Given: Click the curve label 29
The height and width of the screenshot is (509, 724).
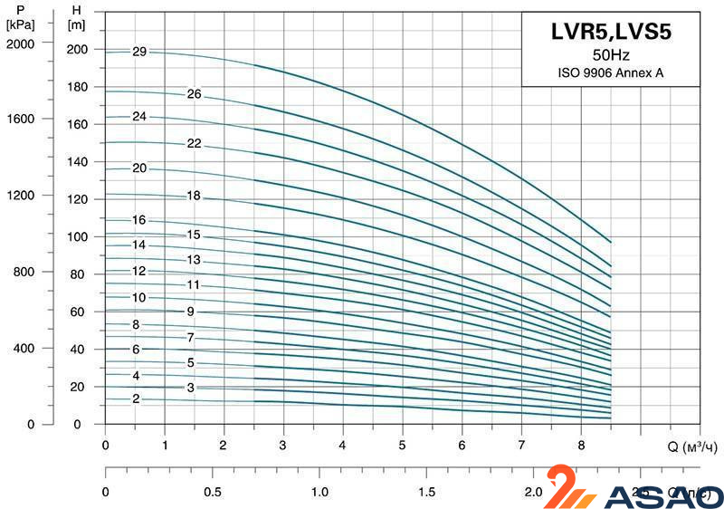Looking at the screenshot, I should coord(138,52).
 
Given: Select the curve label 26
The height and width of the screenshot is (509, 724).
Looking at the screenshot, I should coord(194,94).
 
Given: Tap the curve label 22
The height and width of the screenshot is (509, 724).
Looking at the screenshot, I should coord(194,143).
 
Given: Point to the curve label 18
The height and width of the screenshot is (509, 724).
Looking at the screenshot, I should coord(194,196).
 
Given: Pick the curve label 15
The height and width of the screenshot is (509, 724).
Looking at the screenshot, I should coord(194,235).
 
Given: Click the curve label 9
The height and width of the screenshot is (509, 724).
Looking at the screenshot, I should coord(191,312).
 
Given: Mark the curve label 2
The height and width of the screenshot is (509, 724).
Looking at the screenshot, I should coord(136,399).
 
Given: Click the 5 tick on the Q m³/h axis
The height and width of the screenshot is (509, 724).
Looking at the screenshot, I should coord(402,446).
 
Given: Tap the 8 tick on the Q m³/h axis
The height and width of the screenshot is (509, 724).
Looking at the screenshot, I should coord(580,446).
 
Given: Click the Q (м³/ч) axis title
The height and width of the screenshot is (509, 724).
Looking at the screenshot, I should coord(693,447).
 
